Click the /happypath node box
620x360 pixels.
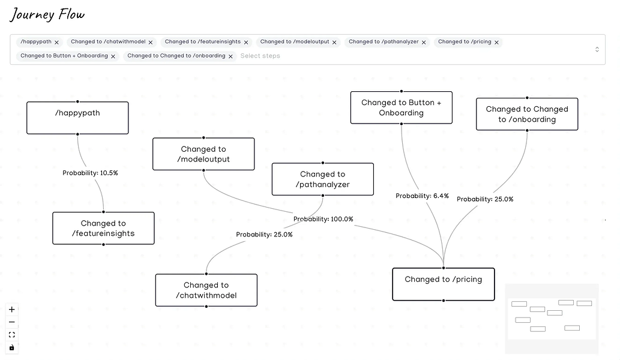77,118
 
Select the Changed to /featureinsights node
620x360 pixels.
103,229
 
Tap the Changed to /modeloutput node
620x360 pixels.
203,154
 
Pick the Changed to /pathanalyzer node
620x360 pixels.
322,179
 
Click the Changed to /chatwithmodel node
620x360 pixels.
206,290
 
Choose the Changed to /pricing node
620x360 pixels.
443,284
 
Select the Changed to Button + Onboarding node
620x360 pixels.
401,108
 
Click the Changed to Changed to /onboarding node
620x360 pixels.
527,114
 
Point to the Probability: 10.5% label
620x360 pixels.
91,173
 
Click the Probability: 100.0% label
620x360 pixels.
324,219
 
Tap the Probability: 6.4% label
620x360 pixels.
422,196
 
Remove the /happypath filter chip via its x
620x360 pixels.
57,43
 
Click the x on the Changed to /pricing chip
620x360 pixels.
496,43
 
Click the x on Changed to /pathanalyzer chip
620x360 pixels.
424,43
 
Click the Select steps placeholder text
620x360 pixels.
260,56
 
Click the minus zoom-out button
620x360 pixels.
12,322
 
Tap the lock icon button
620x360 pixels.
12,347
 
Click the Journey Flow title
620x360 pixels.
47,14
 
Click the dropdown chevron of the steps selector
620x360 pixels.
597,49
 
